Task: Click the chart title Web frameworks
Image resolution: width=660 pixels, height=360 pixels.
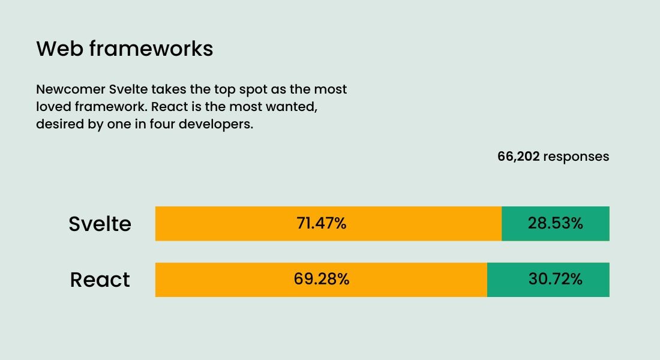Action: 124,49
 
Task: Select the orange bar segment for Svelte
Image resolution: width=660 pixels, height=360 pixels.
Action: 240,224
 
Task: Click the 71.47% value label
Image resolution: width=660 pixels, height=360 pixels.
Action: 322,224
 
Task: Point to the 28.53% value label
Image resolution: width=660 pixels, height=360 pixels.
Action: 556,224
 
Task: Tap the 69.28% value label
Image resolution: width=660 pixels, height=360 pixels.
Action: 322,280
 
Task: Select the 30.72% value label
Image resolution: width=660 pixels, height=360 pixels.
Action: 556,280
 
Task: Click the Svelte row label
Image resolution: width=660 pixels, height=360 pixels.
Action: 100,224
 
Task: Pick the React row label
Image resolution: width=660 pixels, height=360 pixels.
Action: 100,280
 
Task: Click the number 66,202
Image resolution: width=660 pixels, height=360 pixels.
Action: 518,157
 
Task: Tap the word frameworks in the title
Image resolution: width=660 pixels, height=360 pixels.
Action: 151,49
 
